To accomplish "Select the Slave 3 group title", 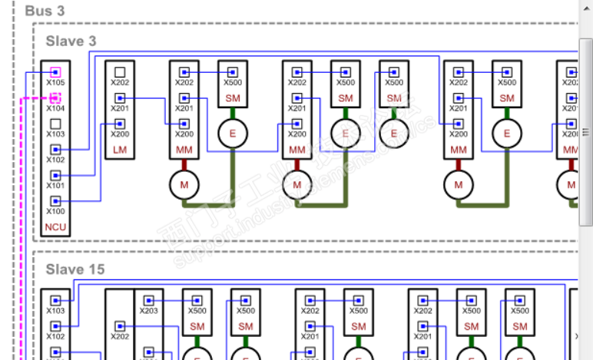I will [71, 40].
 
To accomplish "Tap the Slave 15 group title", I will [75, 269].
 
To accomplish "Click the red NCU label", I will [55, 226].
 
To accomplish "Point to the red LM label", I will [119, 149].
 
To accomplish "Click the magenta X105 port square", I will [55, 73].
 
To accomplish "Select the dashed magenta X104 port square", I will [55, 98].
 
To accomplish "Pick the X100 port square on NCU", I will [55, 201].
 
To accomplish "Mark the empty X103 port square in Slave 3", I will [55, 124].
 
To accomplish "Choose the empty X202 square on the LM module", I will [120, 73].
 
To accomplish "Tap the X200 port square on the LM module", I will [120, 124].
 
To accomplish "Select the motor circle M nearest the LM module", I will [184, 184].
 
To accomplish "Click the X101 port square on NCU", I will [55, 175].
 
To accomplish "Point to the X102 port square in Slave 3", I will [55, 150].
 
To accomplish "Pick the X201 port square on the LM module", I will [120, 98].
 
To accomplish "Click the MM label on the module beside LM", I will [184, 149].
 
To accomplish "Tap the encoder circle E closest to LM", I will [233, 134].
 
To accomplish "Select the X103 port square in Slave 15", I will [55, 301].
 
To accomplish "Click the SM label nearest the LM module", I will [233, 98].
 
